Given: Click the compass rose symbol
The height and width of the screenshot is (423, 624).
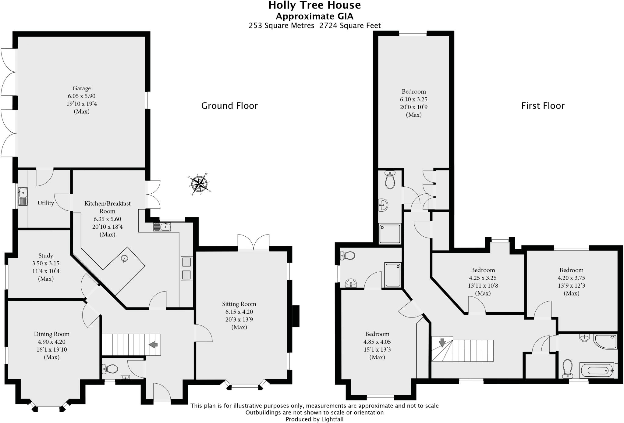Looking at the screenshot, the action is pos(199,184).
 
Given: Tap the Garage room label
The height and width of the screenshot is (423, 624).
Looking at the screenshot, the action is pos(81,88).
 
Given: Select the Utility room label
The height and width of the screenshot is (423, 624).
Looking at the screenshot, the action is pos(46,203).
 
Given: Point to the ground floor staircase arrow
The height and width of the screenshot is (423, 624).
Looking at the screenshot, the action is pos(153,345).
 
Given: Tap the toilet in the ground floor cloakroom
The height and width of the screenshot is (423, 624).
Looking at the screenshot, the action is pos(111,369).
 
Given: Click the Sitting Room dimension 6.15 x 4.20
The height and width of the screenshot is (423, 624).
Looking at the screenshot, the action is pos(239,312).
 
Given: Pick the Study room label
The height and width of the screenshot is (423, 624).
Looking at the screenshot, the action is pos(46,256).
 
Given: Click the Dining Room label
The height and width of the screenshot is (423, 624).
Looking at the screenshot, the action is pos(51,334).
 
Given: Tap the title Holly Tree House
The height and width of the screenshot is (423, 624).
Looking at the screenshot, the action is pos(314,5).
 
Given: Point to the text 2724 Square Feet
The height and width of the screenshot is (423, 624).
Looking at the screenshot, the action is pos(350,26).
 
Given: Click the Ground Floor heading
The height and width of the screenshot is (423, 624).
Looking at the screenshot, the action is pos(229,106).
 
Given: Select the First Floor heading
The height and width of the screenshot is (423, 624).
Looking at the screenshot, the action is pos(543,106).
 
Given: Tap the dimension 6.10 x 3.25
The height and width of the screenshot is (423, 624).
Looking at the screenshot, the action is pos(413,99).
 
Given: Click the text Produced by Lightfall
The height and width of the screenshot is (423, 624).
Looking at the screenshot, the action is pos(314,419).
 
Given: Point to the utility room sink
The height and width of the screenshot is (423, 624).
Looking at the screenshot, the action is pos(23,192).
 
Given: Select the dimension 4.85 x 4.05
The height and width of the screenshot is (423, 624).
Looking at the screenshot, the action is pos(377,342).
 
